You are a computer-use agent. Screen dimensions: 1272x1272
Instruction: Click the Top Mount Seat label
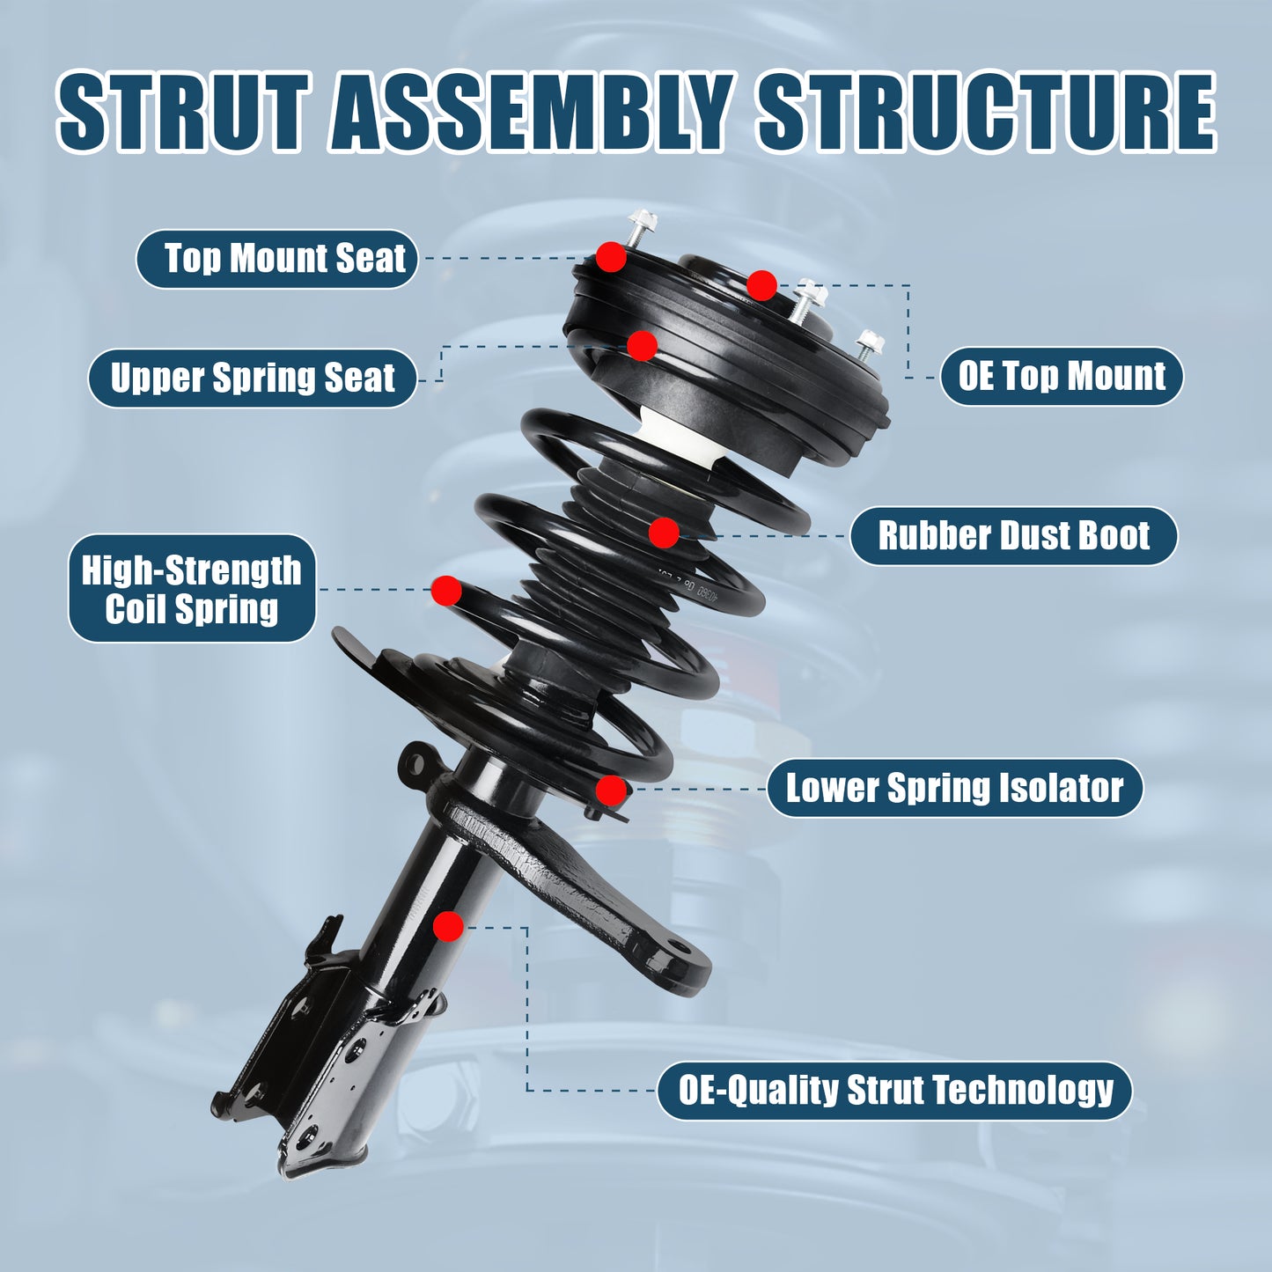tap(276, 259)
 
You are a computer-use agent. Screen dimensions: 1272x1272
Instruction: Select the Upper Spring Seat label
tap(252, 378)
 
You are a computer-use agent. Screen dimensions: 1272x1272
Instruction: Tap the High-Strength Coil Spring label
tap(192, 589)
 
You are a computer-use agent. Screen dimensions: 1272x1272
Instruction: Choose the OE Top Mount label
tap(1062, 376)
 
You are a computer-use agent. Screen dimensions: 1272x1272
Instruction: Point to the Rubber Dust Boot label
tap(1013, 535)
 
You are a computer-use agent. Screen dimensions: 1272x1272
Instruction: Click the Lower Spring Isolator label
tap(954, 788)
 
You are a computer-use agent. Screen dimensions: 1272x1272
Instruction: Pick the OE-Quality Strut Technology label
tap(894, 1090)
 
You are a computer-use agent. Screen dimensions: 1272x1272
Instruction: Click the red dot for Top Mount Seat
tap(611, 257)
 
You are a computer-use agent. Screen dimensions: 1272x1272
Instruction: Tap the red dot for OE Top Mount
tap(761, 285)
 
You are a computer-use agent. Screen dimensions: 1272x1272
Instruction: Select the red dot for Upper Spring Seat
tap(642, 346)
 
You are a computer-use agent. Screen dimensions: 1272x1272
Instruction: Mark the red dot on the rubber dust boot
tap(664, 532)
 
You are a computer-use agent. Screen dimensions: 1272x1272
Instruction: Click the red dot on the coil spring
tap(446, 591)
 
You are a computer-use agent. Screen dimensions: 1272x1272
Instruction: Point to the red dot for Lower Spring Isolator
tap(611, 790)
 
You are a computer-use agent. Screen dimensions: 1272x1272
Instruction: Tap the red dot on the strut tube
tap(448, 926)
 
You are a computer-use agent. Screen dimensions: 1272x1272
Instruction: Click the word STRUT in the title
tap(184, 113)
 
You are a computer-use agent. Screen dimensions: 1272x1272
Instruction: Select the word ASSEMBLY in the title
tap(532, 113)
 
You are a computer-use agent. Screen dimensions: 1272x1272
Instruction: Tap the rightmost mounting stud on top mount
tap(867, 344)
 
